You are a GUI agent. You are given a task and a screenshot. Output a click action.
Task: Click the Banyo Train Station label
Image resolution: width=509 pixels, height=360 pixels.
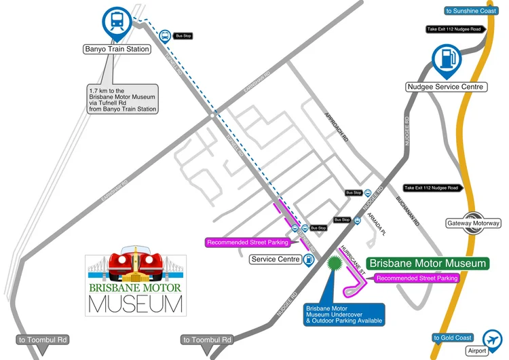(x=116, y=49)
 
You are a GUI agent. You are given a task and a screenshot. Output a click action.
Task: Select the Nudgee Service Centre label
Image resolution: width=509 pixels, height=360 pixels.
(x=445, y=87)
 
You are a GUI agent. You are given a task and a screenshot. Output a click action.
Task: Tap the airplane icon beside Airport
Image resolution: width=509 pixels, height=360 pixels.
(x=491, y=338)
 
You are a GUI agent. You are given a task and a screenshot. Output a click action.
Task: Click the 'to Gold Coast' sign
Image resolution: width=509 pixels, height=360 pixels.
(x=452, y=338)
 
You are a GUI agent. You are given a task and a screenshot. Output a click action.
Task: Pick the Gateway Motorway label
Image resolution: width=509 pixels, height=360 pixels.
(x=473, y=223)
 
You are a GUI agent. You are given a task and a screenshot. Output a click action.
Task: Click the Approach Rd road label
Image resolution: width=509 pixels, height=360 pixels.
(x=337, y=126)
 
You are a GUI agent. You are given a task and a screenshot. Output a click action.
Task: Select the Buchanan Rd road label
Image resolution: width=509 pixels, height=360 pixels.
(x=409, y=211)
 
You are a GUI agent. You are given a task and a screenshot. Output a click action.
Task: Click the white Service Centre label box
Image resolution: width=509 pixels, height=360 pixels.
(x=276, y=259)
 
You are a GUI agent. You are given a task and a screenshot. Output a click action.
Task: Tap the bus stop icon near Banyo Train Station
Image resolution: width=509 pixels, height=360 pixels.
(x=164, y=35)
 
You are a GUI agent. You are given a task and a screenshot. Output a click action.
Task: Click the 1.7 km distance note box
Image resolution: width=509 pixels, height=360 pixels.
(x=123, y=99)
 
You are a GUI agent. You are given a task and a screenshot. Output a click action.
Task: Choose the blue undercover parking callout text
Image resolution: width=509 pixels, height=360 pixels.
(x=344, y=314)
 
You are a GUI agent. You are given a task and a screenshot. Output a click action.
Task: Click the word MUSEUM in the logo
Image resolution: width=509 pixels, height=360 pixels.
(x=136, y=304)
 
